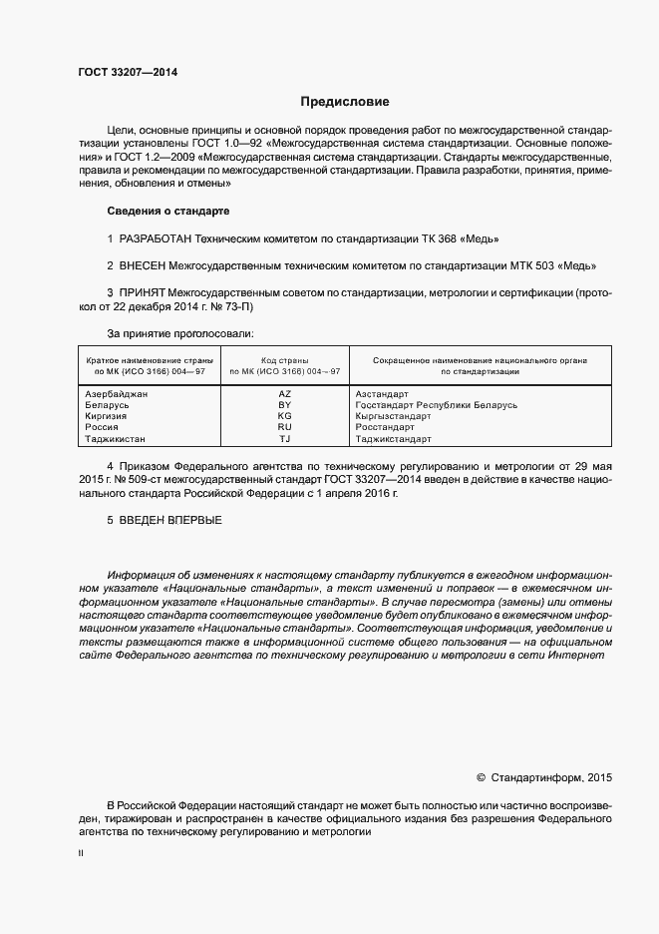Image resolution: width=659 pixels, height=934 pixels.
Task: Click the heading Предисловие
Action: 345,102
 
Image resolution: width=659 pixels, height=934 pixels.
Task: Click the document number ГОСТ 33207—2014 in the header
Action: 128,72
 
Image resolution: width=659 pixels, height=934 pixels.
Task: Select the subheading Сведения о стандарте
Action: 167,212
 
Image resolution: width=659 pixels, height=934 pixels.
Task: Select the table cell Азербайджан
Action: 117,395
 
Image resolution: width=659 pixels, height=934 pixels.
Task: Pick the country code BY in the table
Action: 284,406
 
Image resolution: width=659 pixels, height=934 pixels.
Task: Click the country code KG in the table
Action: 284,417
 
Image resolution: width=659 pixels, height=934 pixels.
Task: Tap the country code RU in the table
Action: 284,428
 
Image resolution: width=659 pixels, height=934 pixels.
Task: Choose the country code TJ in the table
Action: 284,439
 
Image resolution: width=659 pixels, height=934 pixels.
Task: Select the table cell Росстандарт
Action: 387,428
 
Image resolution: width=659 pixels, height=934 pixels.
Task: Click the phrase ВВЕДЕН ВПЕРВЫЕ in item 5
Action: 170,521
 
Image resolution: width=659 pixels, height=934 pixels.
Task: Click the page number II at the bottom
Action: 81,854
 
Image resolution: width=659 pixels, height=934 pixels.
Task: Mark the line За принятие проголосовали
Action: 179,332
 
